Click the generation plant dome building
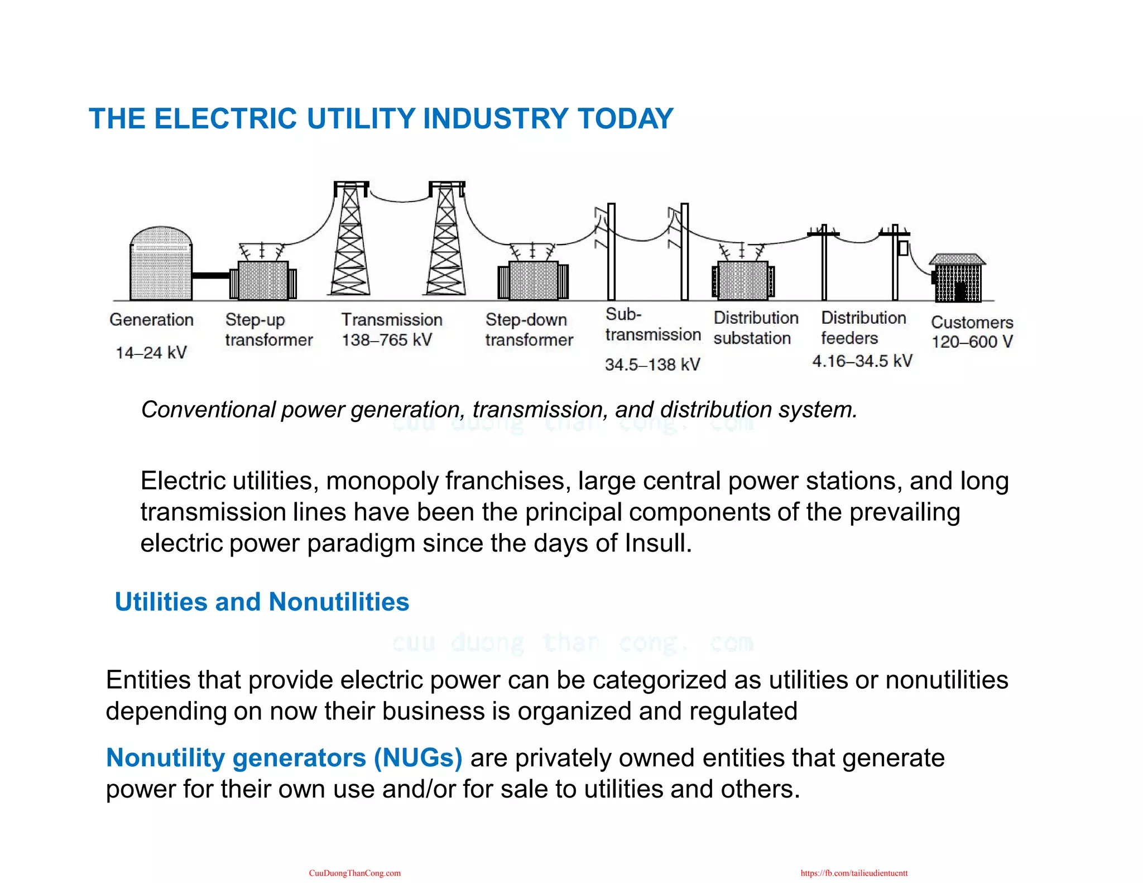click(x=161, y=264)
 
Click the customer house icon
click(x=958, y=279)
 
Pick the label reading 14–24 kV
click(x=151, y=353)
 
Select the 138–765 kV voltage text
click(x=387, y=340)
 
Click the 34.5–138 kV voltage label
click(x=652, y=365)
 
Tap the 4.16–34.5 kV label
click(x=862, y=361)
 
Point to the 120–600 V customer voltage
click(x=972, y=342)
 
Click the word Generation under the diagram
click(x=152, y=320)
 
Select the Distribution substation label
click(x=756, y=328)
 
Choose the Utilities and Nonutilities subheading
click(x=262, y=602)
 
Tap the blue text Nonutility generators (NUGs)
click(x=284, y=758)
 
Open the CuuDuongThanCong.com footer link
click(x=355, y=873)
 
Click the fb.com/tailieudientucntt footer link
click(x=854, y=873)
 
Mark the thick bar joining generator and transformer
click(x=211, y=276)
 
